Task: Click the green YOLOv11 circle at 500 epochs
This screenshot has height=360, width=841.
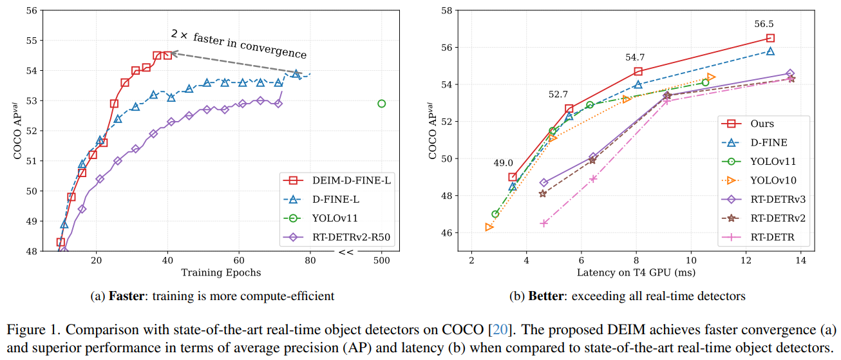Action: (x=381, y=103)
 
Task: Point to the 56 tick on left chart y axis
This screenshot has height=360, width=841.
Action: (x=32, y=10)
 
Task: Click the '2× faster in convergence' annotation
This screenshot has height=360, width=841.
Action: (x=238, y=44)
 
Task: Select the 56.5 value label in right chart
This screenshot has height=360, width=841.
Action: (x=764, y=24)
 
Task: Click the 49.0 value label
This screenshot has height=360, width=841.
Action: (x=504, y=163)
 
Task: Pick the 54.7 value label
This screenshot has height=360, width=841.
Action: (x=634, y=57)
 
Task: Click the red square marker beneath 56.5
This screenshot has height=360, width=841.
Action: (x=770, y=38)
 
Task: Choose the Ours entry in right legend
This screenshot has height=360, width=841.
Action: (x=762, y=124)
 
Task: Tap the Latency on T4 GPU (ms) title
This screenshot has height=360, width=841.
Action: (x=638, y=272)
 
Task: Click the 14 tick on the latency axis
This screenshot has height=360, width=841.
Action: (x=801, y=259)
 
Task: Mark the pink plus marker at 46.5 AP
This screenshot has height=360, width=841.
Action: (x=544, y=223)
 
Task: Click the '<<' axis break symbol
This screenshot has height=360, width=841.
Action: (x=346, y=252)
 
